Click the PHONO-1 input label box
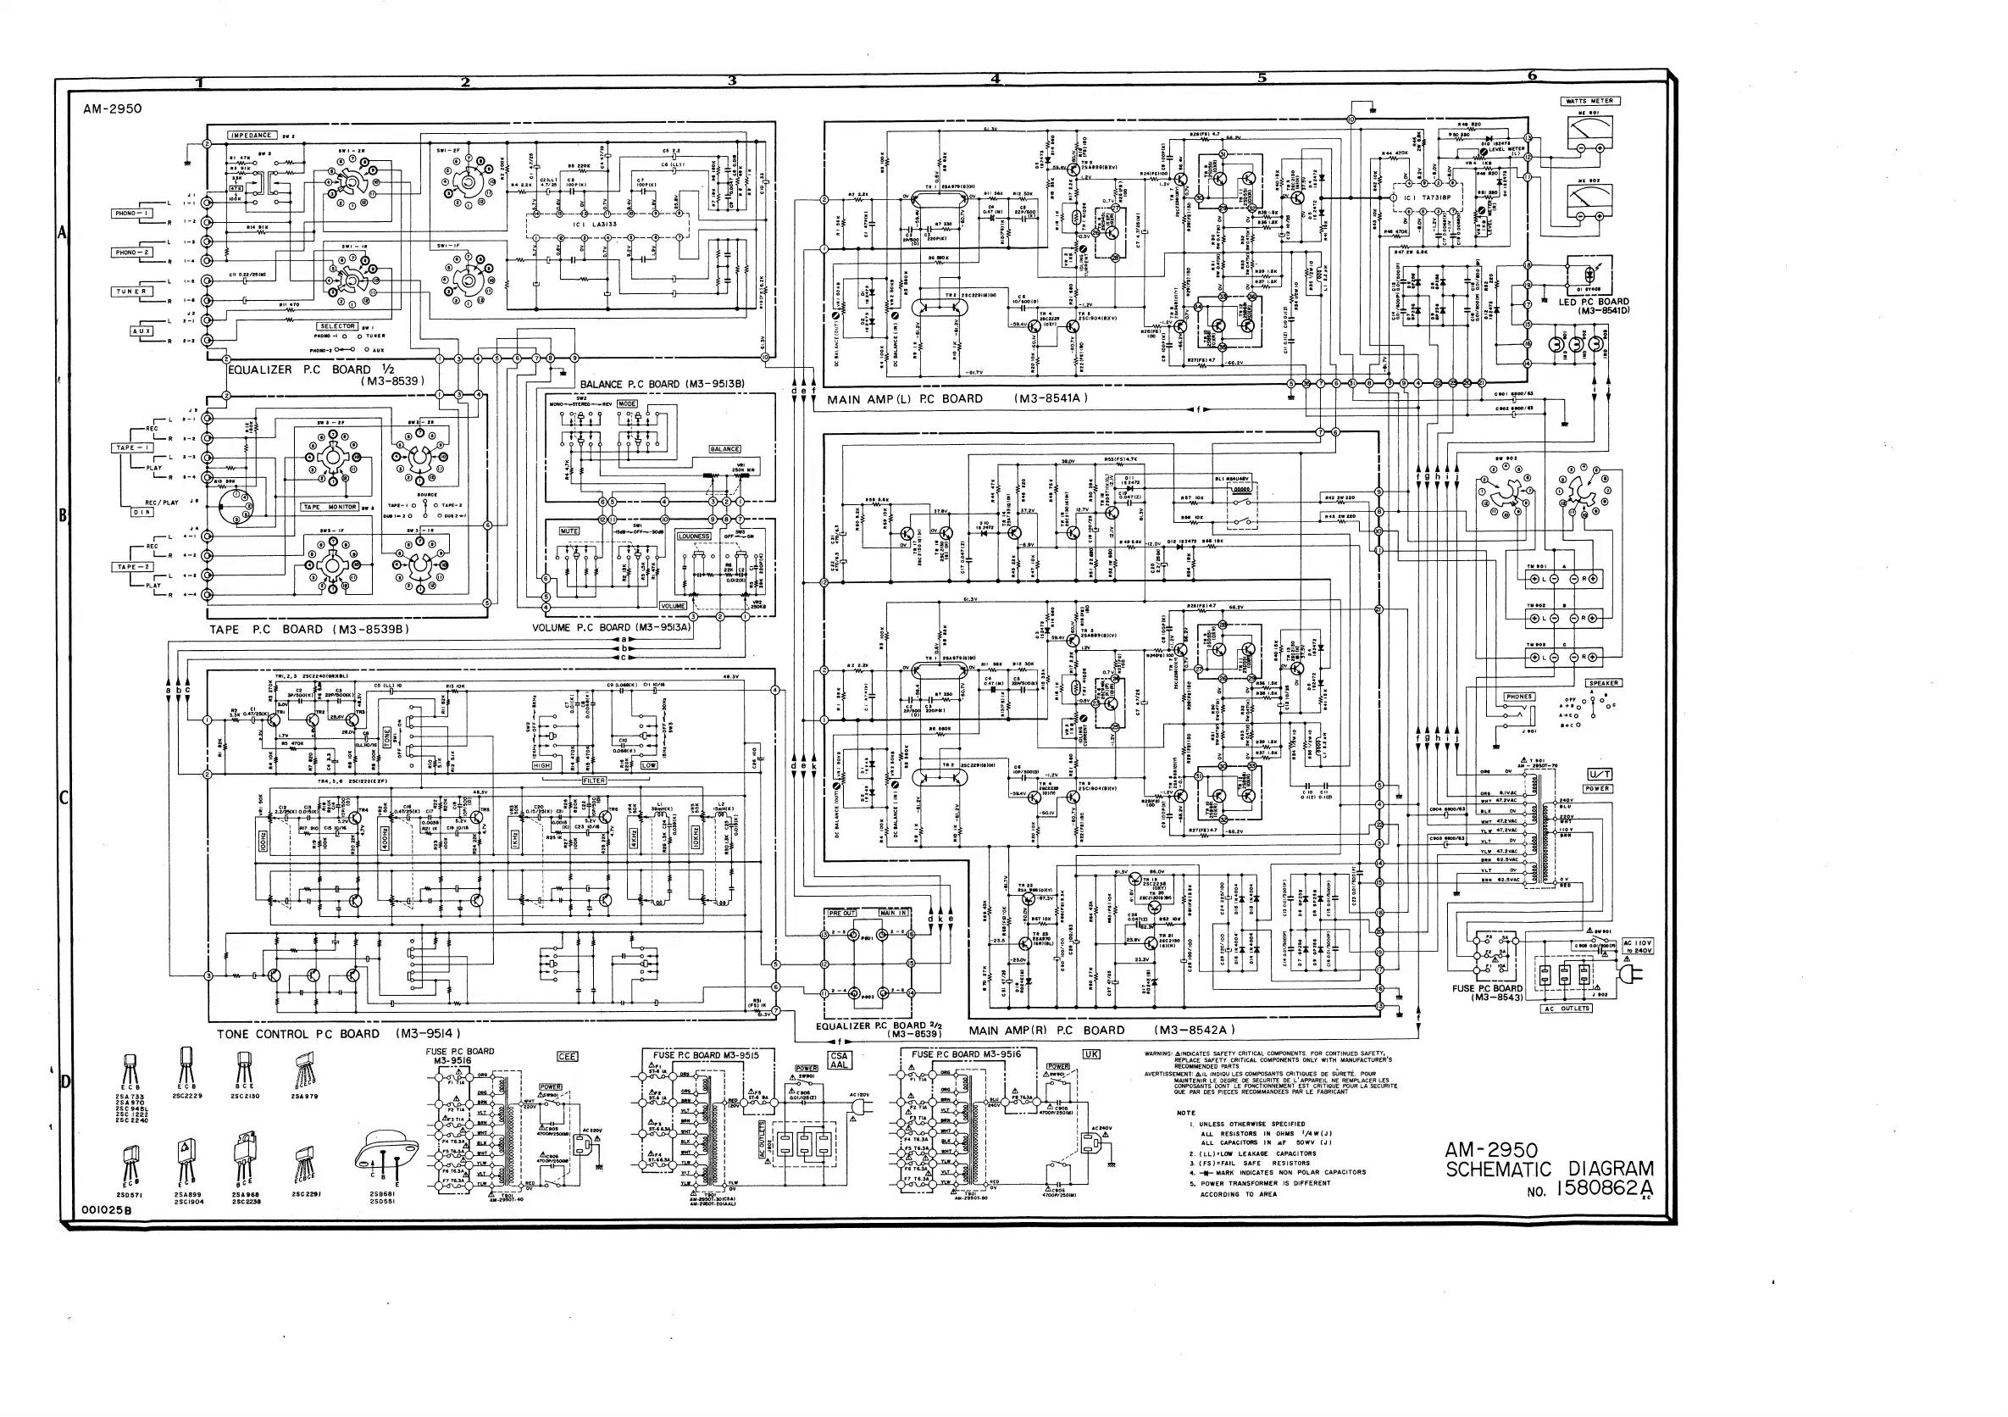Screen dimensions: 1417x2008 (x=131, y=213)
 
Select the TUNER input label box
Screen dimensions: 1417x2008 (x=131, y=292)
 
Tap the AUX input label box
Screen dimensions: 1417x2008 (x=141, y=331)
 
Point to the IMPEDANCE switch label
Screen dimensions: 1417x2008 (x=252, y=136)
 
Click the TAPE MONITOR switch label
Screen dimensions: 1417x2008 (x=330, y=508)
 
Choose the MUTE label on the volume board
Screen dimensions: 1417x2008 (x=569, y=531)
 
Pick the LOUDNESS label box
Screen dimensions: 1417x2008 (x=695, y=536)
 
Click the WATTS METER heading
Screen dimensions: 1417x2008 (x=1591, y=101)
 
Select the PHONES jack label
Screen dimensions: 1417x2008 (x=1519, y=697)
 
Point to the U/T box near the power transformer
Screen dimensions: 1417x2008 (x=1600, y=774)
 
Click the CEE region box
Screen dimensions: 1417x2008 (x=567, y=1057)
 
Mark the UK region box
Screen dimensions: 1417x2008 (x=1090, y=1055)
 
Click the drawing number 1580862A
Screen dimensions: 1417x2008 (x=1603, y=1190)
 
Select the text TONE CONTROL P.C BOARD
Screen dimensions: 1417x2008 (x=298, y=1034)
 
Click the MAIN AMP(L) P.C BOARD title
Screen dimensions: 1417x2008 (x=905, y=399)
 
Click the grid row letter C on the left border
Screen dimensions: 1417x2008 (x=63, y=797)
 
